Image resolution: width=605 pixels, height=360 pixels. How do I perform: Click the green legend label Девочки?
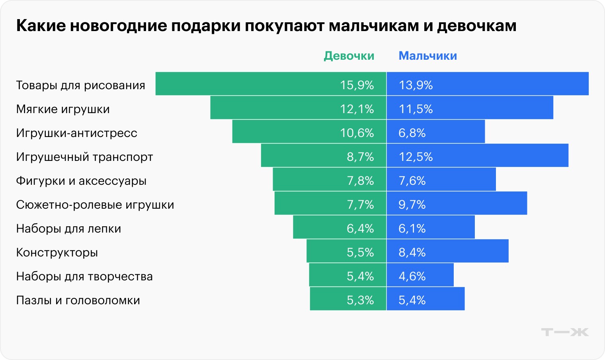[x=349, y=56]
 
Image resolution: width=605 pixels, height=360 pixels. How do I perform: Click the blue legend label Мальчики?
[x=427, y=56]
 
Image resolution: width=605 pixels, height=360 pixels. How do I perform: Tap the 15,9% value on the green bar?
[x=357, y=85]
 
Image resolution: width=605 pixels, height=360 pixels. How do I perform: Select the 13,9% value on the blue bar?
[x=416, y=85]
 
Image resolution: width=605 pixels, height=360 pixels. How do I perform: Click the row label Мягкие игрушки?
[x=63, y=109]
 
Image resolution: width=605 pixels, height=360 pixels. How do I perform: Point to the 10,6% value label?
[x=357, y=133]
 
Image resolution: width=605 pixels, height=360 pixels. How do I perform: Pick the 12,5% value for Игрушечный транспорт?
[x=416, y=157]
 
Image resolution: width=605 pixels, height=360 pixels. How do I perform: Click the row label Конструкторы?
[x=57, y=252]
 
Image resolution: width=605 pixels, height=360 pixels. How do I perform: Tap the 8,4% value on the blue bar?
[x=412, y=252]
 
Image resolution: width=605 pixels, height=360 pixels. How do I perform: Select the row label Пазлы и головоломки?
[x=78, y=300]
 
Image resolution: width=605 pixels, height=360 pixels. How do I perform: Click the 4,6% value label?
[x=412, y=276]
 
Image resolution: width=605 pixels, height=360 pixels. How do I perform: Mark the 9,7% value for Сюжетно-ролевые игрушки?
[x=412, y=205]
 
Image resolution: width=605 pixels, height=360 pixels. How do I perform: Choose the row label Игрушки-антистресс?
[x=76, y=133]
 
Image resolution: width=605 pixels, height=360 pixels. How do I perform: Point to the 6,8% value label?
[x=412, y=133]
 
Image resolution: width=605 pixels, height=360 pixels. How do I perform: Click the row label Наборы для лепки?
[x=68, y=229]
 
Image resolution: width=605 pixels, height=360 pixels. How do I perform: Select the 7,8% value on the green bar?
[x=360, y=181]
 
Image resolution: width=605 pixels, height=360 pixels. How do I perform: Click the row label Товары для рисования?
[x=80, y=85]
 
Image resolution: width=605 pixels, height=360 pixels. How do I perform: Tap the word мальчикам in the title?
[x=374, y=26]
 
